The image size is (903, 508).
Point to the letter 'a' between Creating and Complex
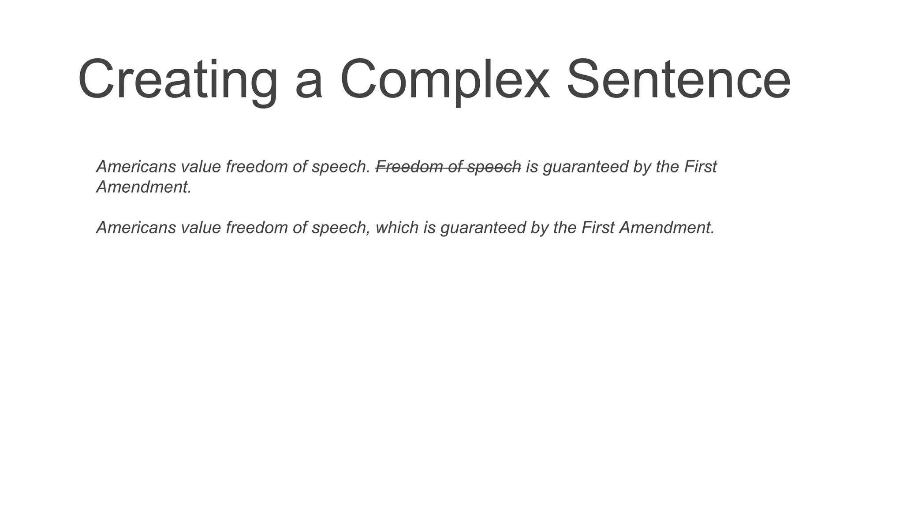point(309,84)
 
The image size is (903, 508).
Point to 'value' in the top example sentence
point(201,167)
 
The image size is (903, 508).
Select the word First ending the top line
point(701,167)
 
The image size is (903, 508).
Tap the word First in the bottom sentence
point(598,228)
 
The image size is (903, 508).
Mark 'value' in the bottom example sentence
point(201,228)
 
